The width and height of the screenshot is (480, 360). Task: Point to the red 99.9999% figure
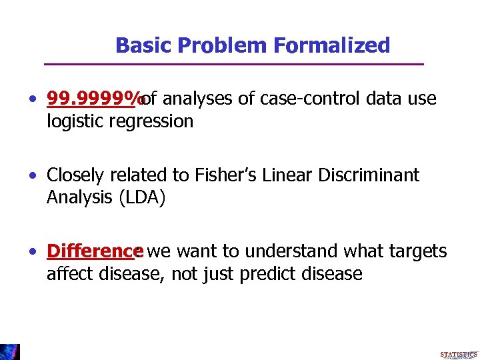click(x=95, y=99)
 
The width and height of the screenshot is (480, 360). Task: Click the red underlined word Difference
click(x=91, y=251)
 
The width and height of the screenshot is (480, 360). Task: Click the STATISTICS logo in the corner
click(x=459, y=355)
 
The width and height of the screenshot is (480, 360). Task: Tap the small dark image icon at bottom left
click(x=10, y=351)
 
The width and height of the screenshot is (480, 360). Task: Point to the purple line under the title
click(x=233, y=64)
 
